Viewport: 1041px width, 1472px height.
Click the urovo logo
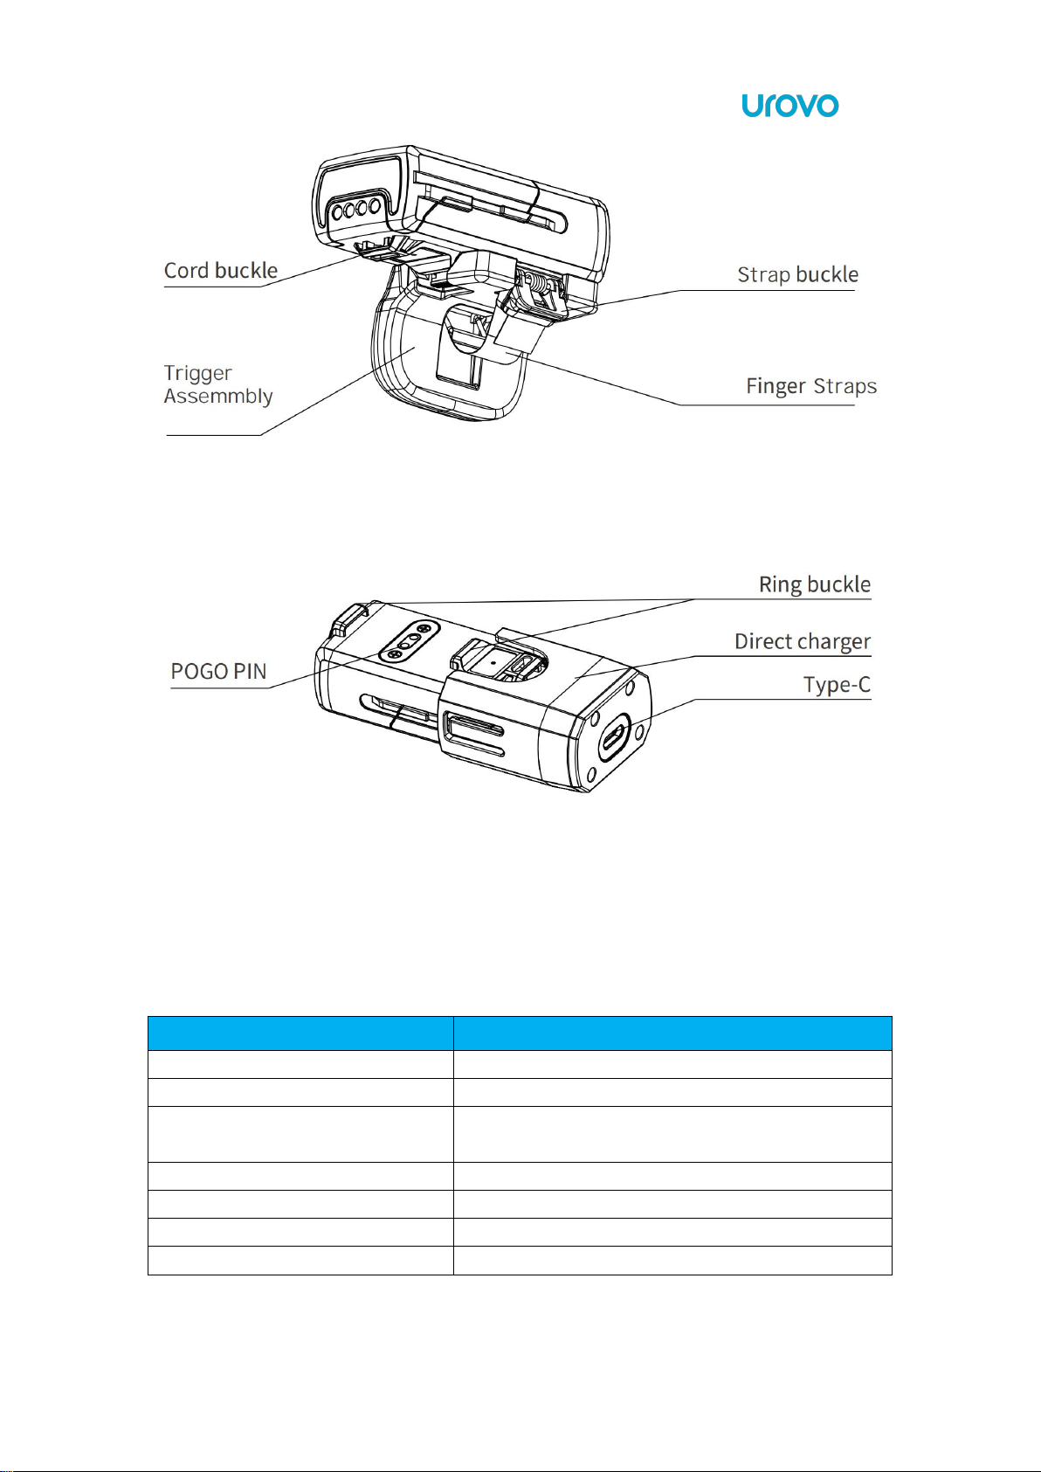coord(789,106)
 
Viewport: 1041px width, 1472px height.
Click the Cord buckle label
coord(221,271)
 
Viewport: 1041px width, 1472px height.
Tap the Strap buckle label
coord(797,275)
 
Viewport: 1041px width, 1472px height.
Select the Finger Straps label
coord(810,386)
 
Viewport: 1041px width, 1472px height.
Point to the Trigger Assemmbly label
coord(218,384)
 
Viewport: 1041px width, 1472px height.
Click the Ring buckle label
coord(814,584)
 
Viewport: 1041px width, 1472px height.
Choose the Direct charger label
coord(802,642)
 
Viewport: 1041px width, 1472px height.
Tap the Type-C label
coord(837,685)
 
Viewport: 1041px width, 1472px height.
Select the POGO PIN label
coord(218,672)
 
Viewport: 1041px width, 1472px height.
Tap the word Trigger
coord(198,373)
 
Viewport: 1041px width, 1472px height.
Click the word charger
coord(833,642)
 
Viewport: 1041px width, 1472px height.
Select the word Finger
coord(776,386)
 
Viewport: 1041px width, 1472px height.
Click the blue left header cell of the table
coord(300,1033)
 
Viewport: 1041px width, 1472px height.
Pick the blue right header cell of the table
coord(672,1033)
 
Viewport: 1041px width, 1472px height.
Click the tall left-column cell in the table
coord(300,1134)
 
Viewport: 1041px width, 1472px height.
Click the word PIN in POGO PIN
coord(249,672)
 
